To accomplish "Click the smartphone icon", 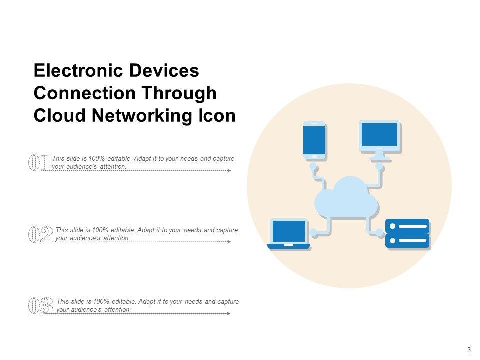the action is [x=314, y=140].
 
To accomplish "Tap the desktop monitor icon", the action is [x=379, y=136].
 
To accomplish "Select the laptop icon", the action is [x=288, y=233].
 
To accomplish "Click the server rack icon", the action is [x=407, y=233].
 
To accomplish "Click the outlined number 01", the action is [x=38, y=162].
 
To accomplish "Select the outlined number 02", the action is [x=40, y=234].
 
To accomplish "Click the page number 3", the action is [x=469, y=350].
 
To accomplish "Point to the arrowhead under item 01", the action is [x=229, y=171].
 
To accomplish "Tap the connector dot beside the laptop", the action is [x=313, y=232].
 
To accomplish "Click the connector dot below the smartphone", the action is [x=313, y=165].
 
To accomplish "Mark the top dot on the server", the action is [x=392, y=226].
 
